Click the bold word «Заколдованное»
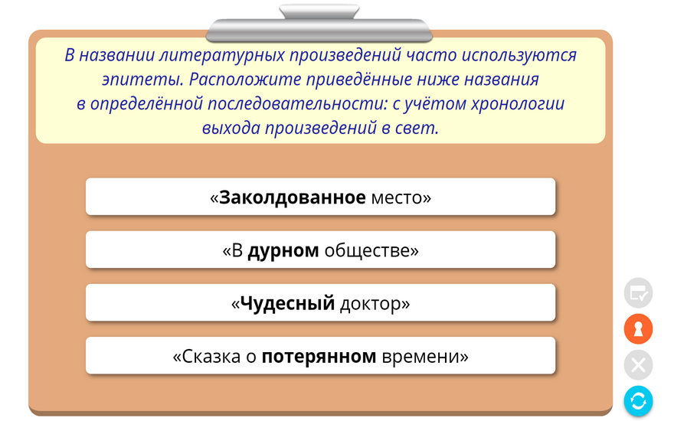pyautogui.click(x=293, y=197)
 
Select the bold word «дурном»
pyautogui.click(x=283, y=251)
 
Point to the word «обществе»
pyautogui.click(x=367, y=251)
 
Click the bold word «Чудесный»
pyautogui.click(x=287, y=304)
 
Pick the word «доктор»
pyautogui.click(x=371, y=304)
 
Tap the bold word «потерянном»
pyautogui.click(x=319, y=357)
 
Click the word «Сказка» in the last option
pyautogui.click(x=211, y=357)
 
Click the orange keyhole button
pyautogui.click(x=638, y=329)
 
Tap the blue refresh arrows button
pyautogui.click(x=638, y=401)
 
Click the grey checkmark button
pyautogui.click(x=638, y=293)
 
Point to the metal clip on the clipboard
pyautogui.click(x=319, y=24)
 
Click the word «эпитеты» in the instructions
pyautogui.click(x=142, y=80)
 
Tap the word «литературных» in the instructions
pyautogui.click(x=222, y=55)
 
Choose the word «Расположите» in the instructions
pyautogui.click(x=245, y=80)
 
